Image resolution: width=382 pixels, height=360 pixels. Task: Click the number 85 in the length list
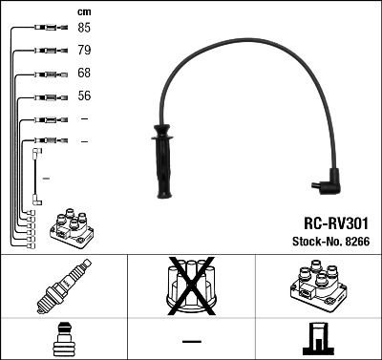pos(85,28)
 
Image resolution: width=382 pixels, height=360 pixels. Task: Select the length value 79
pos(85,50)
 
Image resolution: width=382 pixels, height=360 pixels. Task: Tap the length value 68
pos(85,74)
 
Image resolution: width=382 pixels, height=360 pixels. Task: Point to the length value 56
pos(85,96)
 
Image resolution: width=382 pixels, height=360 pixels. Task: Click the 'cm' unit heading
pos(83,11)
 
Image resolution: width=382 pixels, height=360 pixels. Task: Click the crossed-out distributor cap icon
pos(191,286)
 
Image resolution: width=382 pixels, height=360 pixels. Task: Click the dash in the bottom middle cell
pos(191,340)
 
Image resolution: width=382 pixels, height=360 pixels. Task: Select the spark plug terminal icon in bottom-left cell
pos(63,338)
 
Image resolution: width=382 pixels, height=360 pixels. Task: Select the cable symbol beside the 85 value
pos(42,28)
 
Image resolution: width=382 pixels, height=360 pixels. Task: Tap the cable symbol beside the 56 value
pos(42,96)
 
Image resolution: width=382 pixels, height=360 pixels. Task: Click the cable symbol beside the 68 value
pos(42,74)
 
